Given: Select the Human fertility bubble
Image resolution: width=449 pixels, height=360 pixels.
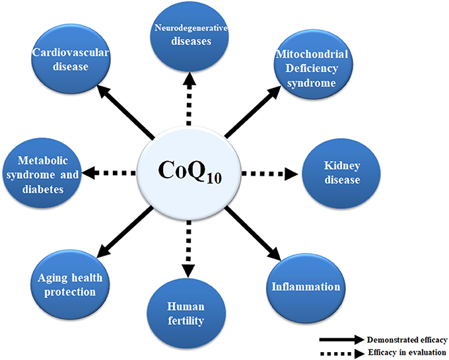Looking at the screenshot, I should tap(189, 313).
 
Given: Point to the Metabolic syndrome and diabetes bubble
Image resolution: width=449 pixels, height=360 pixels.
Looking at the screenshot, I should tap(41, 173).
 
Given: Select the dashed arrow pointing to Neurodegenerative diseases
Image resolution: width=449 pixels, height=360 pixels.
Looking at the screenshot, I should tap(189, 100).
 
